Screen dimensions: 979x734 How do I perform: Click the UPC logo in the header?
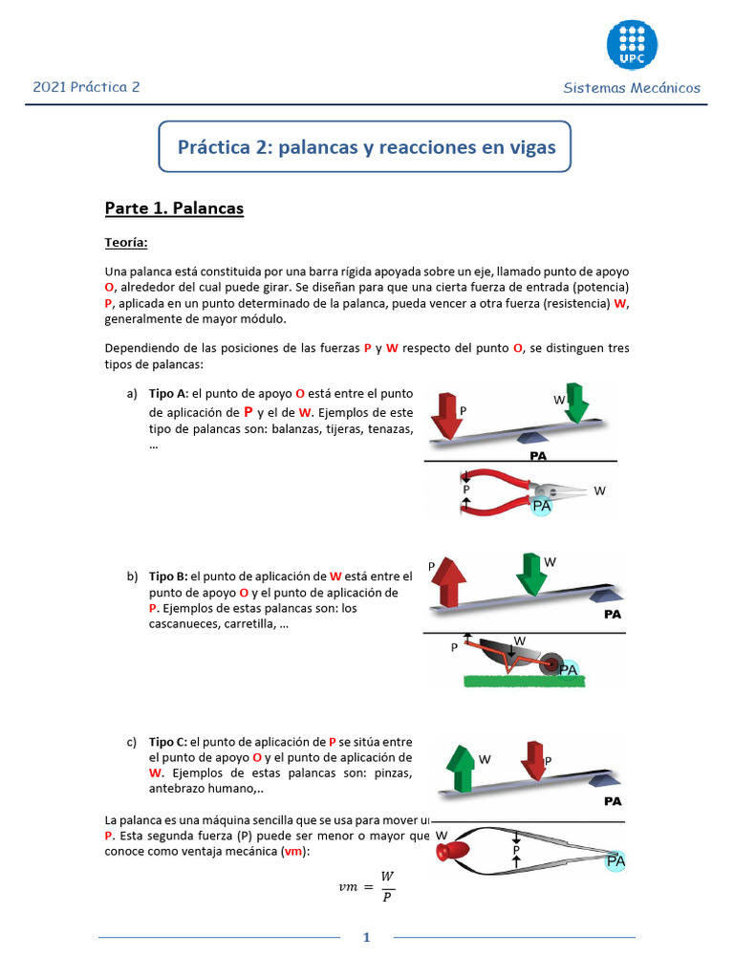pyautogui.click(x=632, y=45)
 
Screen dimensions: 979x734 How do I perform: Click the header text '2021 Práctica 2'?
pyautogui.click(x=87, y=87)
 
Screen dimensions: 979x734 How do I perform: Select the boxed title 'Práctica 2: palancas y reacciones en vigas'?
pyautogui.click(x=366, y=148)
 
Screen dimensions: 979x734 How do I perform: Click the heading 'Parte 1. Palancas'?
pyautogui.click(x=174, y=208)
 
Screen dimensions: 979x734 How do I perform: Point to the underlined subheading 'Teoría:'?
pyautogui.click(x=126, y=244)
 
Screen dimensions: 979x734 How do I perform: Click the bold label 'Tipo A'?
pyautogui.click(x=167, y=394)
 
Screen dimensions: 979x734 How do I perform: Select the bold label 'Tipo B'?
pyautogui.click(x=167, y=577)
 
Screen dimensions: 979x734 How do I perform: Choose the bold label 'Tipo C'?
pyautogui.click(x=167, y=741)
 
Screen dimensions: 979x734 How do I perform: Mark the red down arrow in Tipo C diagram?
pyautogui.click(x=531, y=758)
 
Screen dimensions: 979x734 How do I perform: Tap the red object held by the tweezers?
pyautogui.click(x=453, y=850)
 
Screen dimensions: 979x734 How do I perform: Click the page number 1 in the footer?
pyautogui.click(x=365, y=938)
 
